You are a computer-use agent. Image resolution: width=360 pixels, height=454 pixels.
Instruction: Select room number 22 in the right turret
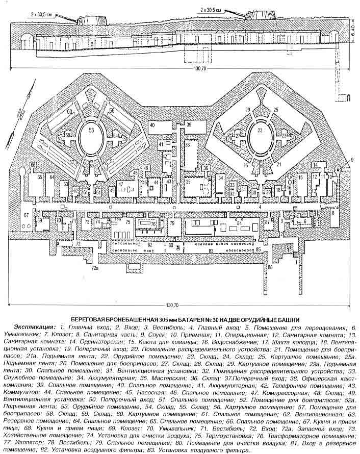[x=260, y=131]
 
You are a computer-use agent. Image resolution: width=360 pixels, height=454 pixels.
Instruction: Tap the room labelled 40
[x=152, y=125]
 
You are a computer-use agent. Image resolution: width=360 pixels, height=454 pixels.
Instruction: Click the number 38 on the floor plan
[x=188, y=145]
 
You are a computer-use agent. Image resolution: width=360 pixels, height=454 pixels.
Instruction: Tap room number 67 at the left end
[x=27, y=216]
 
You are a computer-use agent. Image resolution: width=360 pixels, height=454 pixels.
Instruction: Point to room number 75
[x=128, y=223]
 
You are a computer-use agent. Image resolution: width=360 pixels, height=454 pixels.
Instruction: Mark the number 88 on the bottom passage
[x=270, y=266]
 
